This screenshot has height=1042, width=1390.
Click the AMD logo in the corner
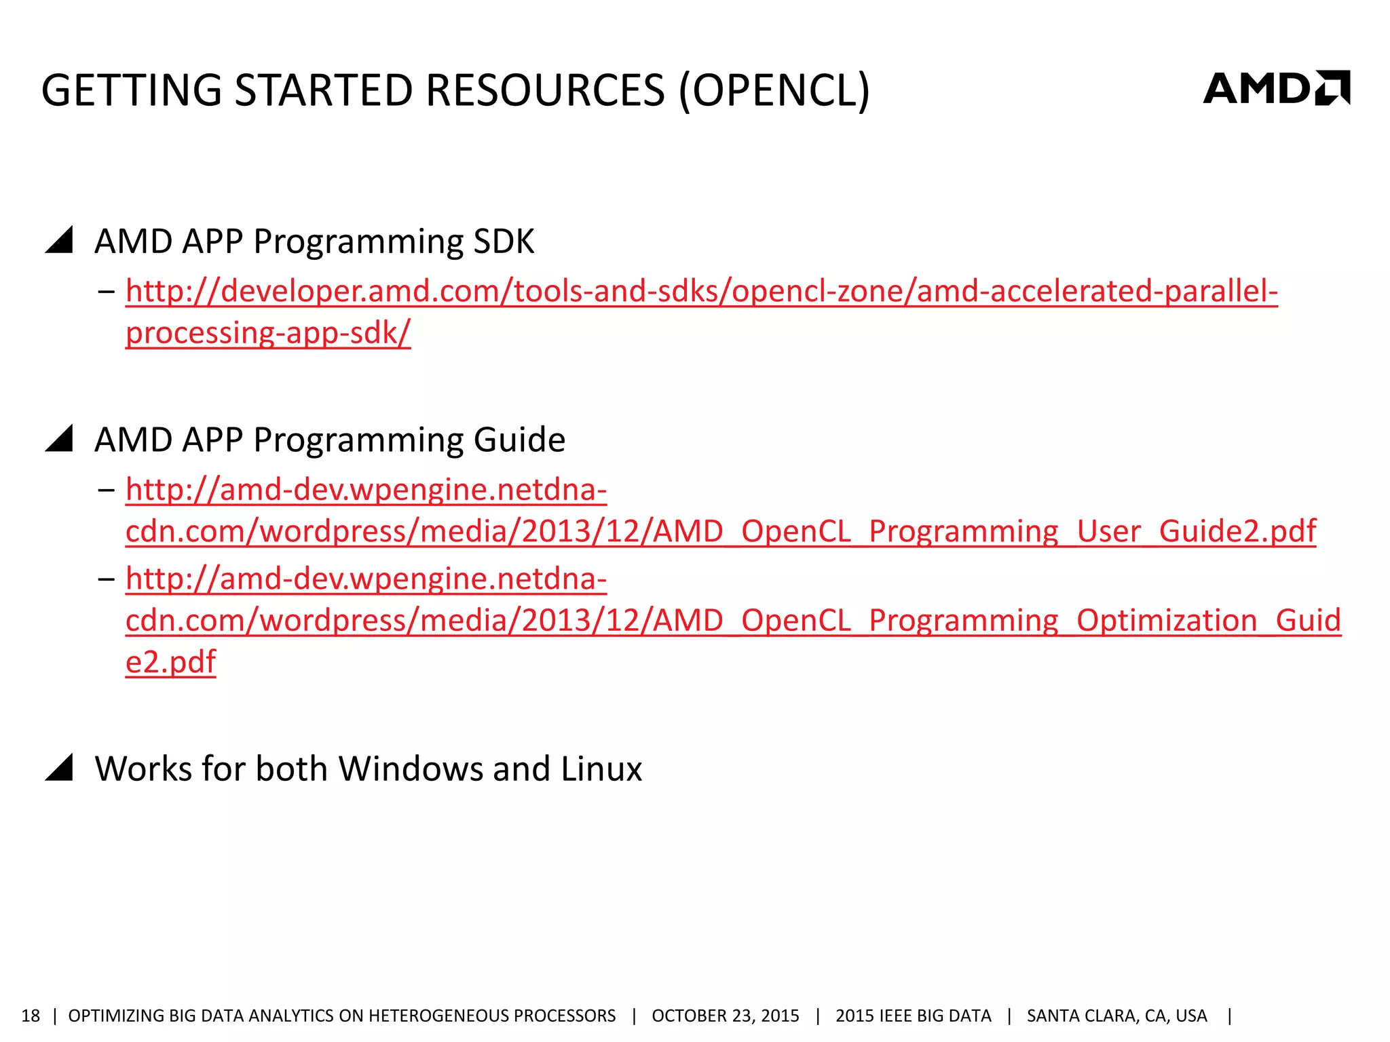click(1276, 88)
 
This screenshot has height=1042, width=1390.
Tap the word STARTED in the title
click(324, 90)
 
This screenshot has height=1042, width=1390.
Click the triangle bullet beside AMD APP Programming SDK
click(60, 241)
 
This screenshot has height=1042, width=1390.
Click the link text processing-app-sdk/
click(268, 333)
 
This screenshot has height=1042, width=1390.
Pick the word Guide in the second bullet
click(519, 440)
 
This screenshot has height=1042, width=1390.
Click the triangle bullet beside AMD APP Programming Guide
click(60, 439)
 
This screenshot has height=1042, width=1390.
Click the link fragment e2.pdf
click(170, 662)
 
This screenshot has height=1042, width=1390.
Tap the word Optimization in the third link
click(1167, 621)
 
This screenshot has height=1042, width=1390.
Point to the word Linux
click(601, 769)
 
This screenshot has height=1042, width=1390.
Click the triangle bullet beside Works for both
click(60, 768)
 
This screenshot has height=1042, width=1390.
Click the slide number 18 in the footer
click(31, 1016)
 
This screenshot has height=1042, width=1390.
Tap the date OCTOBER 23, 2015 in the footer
click(725, 1016)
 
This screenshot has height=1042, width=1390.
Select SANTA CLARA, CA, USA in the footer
click(1116, 1016)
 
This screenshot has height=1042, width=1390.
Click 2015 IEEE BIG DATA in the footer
click(913, 1016)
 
